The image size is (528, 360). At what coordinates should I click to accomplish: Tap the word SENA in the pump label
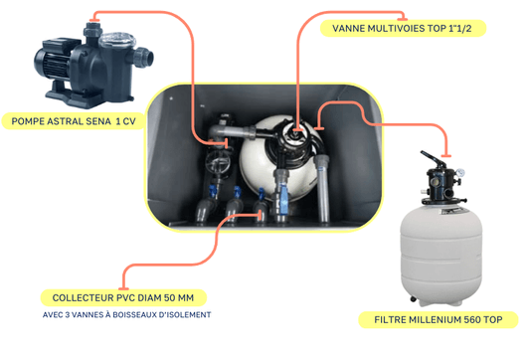(98, 121)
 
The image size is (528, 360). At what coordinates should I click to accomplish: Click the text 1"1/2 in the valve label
(460, 28)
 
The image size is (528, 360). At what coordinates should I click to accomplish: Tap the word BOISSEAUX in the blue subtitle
(134, 315)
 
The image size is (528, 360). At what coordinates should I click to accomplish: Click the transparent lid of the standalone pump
(117, 40)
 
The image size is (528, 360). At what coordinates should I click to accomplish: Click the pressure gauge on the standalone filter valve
(460, 173)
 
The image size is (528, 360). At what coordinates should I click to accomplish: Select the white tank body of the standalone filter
(441, 256)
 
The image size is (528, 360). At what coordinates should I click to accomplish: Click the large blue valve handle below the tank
(283, 199)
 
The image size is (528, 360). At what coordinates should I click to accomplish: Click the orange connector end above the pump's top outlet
(94, 21)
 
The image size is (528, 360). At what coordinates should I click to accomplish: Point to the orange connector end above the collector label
(123, 289)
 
